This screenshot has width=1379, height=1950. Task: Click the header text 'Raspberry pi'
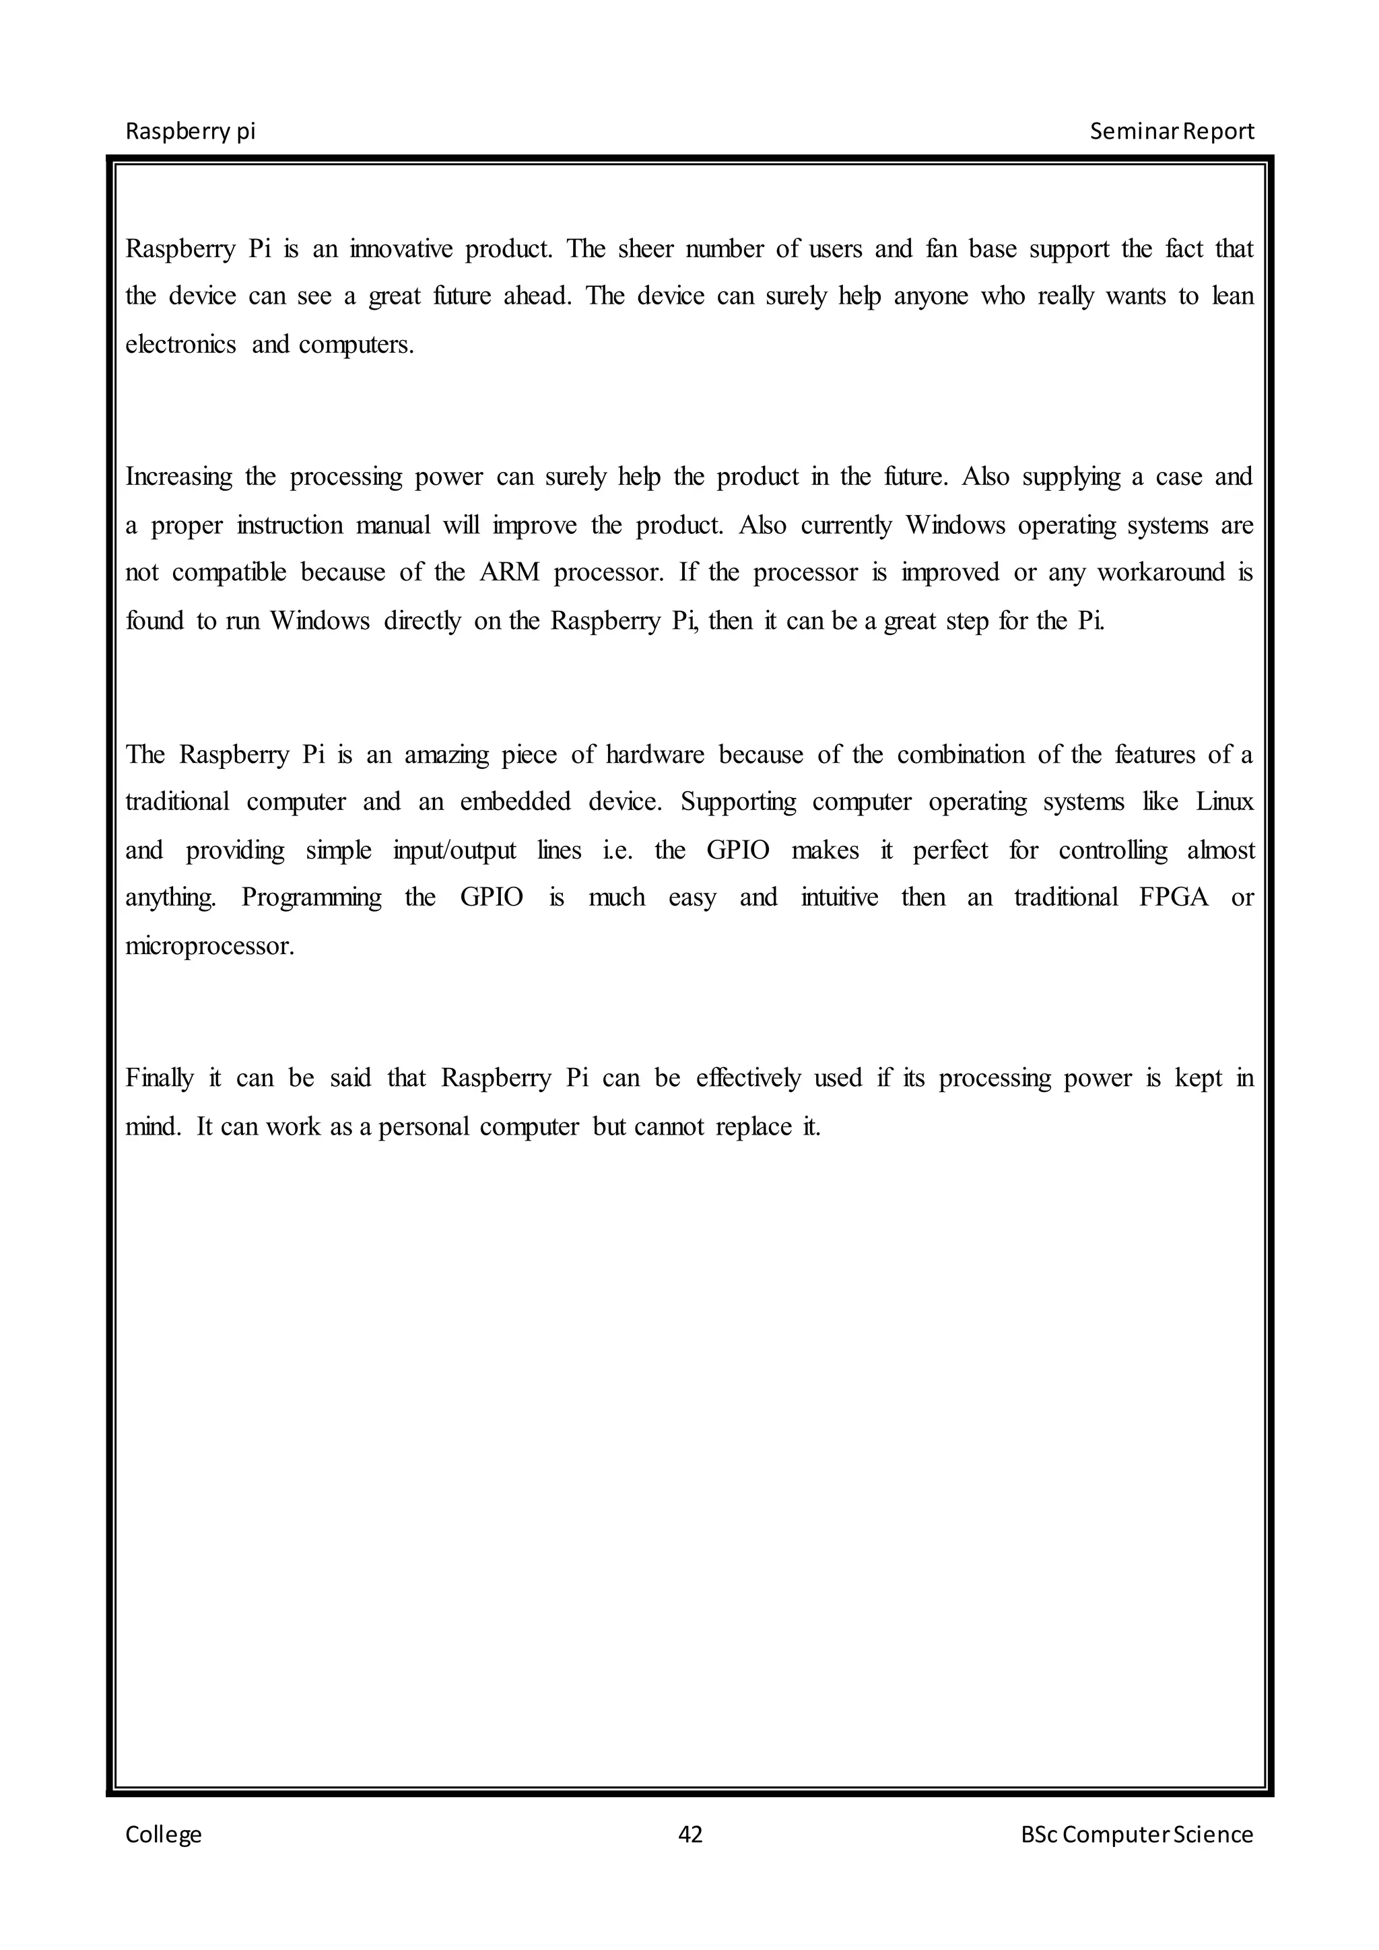pyautogui.click(x=190, y=132)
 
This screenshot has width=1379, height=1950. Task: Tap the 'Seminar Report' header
pyautogui.click(x=1171, y=132)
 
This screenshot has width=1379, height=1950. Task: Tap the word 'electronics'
pyautogui.click(x=180, y=344)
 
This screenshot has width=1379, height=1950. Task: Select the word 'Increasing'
pyautogui.click(x=178, y=477)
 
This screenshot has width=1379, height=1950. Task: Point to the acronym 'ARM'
pyautogui.click(x=510, y=572)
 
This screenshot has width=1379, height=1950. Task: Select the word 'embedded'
pyautogui.click(x=514, y=802)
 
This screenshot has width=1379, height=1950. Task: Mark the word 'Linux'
pyautogui.click(x=1224, y=802)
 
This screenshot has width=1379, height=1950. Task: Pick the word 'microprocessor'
pyautogui.click(x=209, y=946)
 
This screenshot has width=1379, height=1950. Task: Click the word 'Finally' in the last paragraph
pyautogui.click(x=159, y=1079)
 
